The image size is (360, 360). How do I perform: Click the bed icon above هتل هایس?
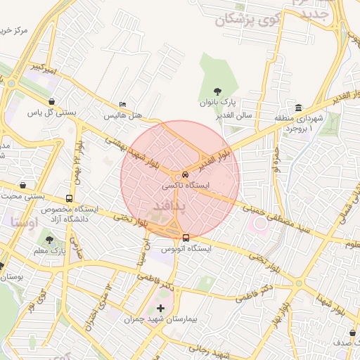[124, 104]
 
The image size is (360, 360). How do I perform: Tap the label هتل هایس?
[124, 114]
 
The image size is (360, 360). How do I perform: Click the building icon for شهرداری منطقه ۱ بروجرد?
[299, 108]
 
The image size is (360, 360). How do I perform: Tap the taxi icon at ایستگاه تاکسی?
[185, 174]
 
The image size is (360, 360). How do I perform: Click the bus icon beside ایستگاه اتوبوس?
[186, 238]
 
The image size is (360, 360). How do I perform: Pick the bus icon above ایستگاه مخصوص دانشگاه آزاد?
[69, 198]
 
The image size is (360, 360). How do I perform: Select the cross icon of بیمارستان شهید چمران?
[161, 308]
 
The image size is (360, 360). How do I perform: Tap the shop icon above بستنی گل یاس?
[53, 101]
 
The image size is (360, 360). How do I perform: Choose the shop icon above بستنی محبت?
[24, 186]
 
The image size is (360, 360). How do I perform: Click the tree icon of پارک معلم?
[49, 240]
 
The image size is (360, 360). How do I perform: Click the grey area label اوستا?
[24, 221]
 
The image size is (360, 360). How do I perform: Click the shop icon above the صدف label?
[352, 333]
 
